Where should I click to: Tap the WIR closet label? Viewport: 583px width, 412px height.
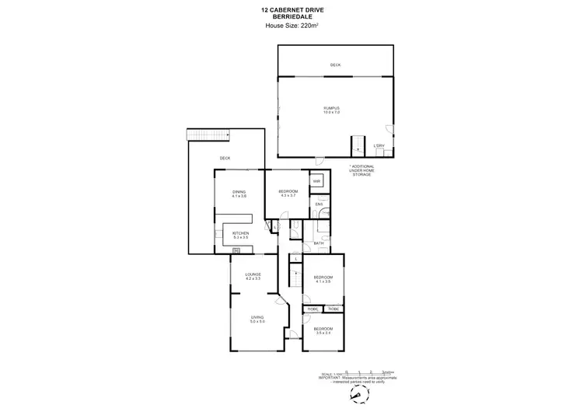pyautogui.click(x=317, y=181)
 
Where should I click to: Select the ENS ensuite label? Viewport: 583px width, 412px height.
pyautogui.click(x=319, y=204)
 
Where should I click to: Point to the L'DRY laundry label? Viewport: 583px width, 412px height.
pyautogui.click(x=379, y=146)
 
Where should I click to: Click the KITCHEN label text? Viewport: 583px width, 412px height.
pyautogui.click(x=239, y=236)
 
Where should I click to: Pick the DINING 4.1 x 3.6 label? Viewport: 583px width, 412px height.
pyautogui.click(x=239, y=194)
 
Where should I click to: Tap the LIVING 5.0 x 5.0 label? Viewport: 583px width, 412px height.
pyautogui.click(x=257, y=319)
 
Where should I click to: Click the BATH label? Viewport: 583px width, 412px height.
pyautogui.click(x=319, y=244)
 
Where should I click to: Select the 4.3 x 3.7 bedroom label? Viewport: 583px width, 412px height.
pyautogui.click(x=288, y=194)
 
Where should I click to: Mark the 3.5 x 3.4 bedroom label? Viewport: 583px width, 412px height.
pyautogui.click(x=323, y=331)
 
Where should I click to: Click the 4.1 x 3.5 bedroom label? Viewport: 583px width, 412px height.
pyautogui.click(x=323, y=280)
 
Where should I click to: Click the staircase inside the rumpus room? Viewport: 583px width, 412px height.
pyautogui.click(x=358, y=146)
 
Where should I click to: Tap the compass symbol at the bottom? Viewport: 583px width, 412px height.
pyautogui.click(x=357, y=395)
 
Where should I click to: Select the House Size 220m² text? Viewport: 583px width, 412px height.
pyautogui.click(x=291, y=25)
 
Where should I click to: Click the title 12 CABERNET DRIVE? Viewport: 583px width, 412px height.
pyautogui.click(x=291, y=9)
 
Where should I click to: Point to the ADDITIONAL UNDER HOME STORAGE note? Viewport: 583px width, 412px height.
pyautogui.click(x=360, y=171)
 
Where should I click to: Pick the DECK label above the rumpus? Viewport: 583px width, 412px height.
pyautogui.click(x=335, y=65)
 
